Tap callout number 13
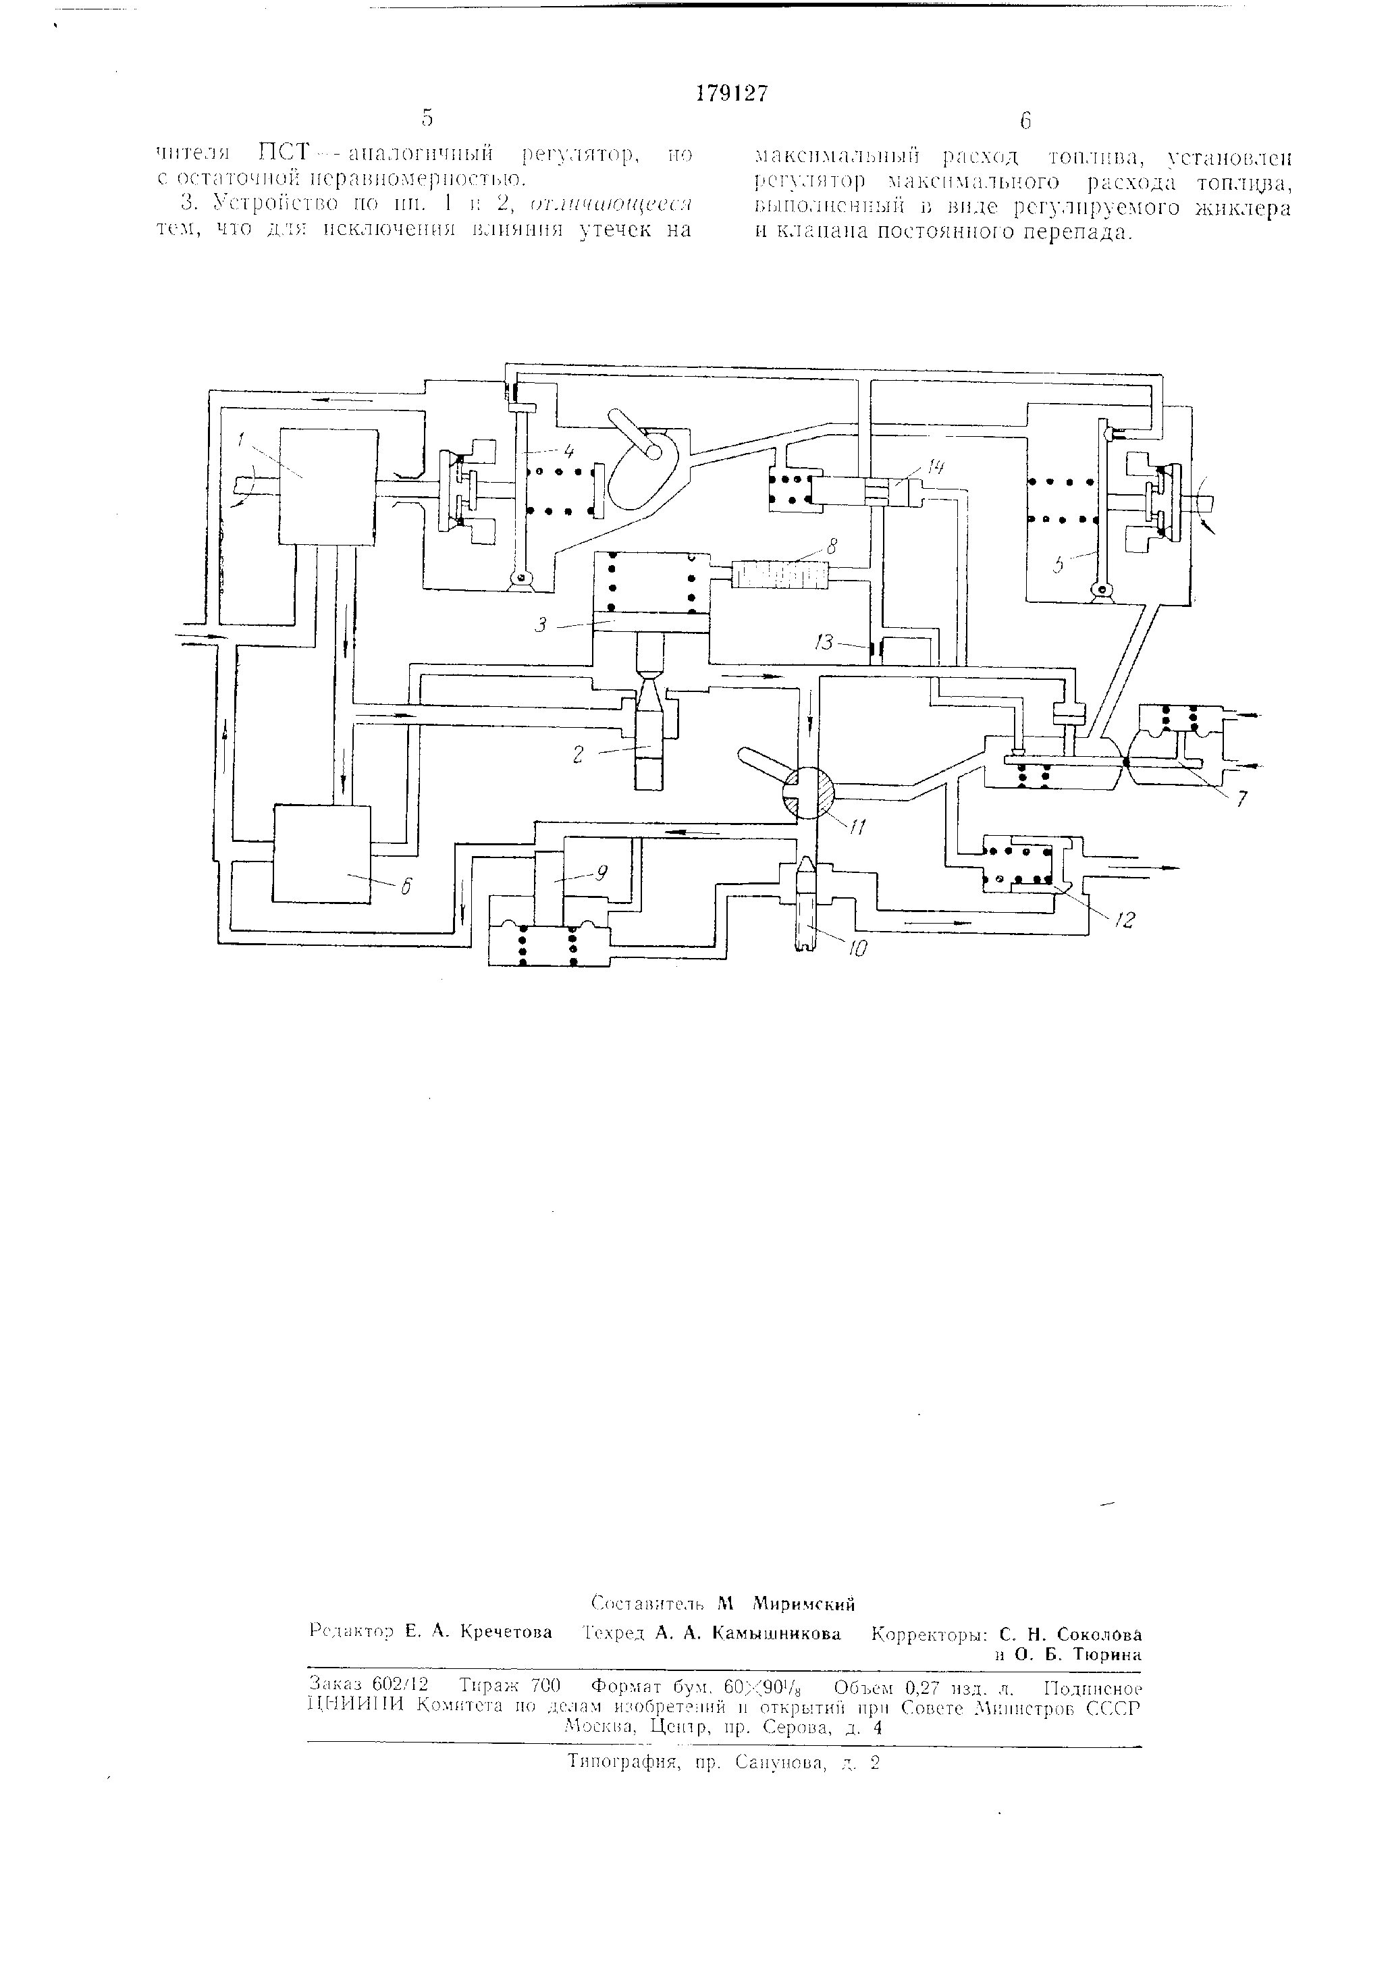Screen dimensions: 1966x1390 click(x=824, y=642)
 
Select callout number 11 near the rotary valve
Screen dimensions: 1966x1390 click(x=857, y=827)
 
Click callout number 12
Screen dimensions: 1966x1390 click(x=1125, y=919)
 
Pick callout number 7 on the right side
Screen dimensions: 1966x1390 click(x=1241, y=798)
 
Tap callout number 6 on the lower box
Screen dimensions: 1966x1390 click(x=405, y=887)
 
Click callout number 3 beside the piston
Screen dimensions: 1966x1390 click(x=541, y=626)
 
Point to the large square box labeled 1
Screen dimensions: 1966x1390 click(x=329, y=485)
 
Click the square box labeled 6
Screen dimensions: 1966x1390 click(x=322, y=853)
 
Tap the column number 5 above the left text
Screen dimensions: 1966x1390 click(x=426, y=118)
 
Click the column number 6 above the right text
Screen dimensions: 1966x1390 click(x=1025, y=121)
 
